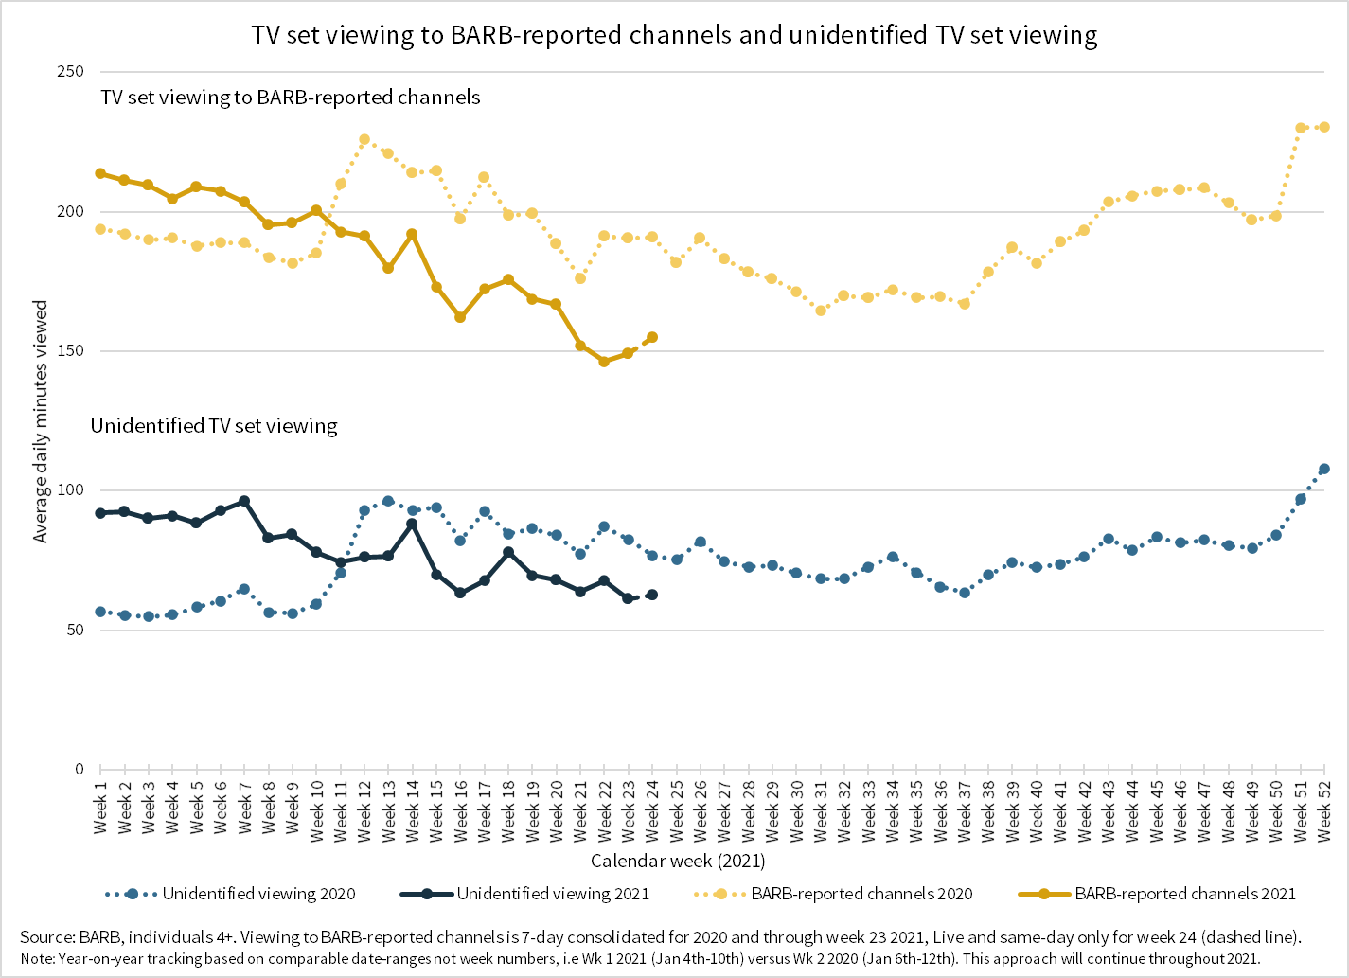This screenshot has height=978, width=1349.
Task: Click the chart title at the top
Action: [674, 35]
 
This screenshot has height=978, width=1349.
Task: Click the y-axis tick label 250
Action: [71, 72]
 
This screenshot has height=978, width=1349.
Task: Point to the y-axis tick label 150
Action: [71, 351]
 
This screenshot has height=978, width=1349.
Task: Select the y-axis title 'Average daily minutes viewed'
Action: [41, 422]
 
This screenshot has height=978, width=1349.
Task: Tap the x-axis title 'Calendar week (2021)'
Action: [678, 861]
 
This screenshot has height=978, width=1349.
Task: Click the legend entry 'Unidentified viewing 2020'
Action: [258, 894]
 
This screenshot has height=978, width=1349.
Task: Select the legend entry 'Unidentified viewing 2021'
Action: [553, 894]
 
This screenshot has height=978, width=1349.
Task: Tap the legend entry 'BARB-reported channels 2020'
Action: [861, 894]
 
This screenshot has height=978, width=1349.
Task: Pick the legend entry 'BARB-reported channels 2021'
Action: [1184, 894]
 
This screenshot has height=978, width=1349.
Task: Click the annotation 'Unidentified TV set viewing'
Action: [214, 426]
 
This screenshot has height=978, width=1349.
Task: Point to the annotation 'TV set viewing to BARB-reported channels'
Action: [291, 98]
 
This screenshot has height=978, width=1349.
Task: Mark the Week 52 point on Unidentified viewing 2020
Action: [1324, 469]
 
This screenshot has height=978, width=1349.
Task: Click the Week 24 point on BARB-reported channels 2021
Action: [652, 337]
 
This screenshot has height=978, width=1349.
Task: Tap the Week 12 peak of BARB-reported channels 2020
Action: [364, 139]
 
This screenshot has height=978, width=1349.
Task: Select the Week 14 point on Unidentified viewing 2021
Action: [412, 524]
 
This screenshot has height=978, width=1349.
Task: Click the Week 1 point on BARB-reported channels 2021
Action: [100, 173]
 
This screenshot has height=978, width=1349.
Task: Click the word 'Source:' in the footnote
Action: [47, 937]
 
